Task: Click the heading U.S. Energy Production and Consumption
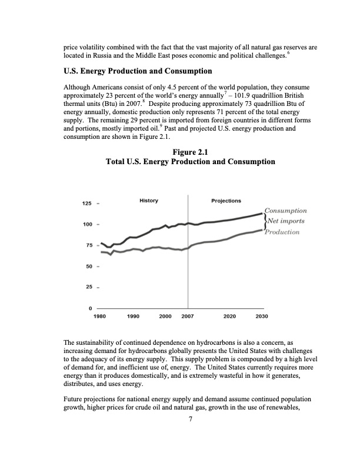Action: tap(138, 71)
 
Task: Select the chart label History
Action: tap(148, 201)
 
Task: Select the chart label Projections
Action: tap(226, 201)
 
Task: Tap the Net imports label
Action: tap(285, 221)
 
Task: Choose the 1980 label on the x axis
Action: tap(100, 316)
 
